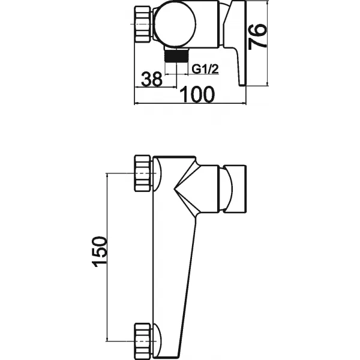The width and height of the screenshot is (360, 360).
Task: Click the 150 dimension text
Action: click(100, 254)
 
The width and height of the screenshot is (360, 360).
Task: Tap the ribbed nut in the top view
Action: click(145, 25)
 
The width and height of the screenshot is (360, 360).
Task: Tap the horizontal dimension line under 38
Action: click(151, 87)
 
